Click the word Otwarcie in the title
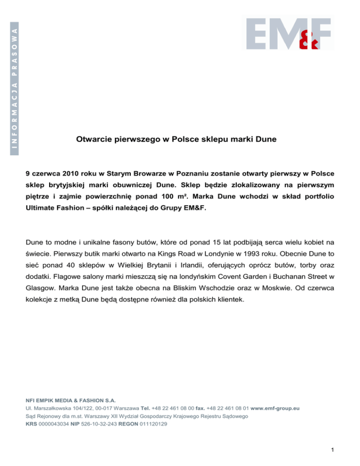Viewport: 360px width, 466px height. click(x=93, y=139)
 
